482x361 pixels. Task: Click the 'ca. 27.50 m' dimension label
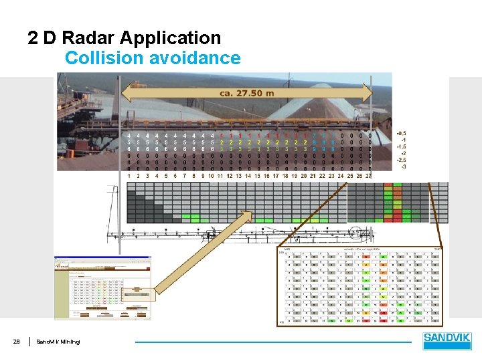point(246,94)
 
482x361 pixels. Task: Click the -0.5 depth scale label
point(402,132)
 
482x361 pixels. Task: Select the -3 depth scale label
point(403,166)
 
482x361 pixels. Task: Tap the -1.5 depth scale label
point(402,146)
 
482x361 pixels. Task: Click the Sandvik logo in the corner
point(447,341)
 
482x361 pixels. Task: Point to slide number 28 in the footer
point(16,342)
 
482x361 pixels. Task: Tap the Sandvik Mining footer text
point(58,342)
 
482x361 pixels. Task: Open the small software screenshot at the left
point(89,287)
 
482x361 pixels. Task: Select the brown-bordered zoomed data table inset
point(360,285)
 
